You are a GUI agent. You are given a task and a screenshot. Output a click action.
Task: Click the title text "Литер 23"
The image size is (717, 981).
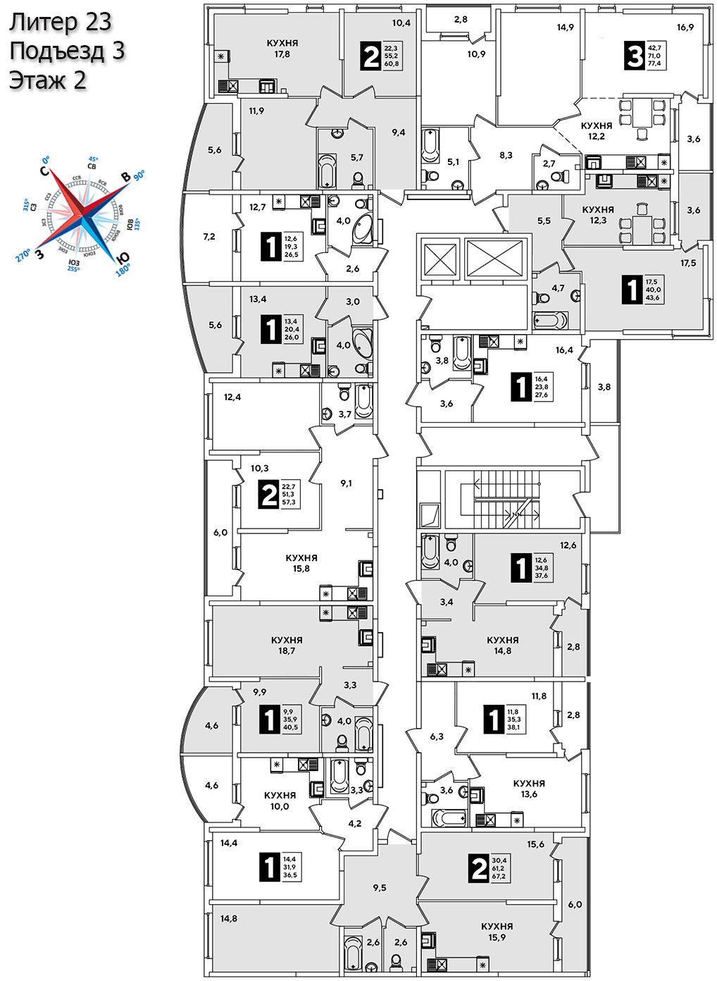[x=61, y=22]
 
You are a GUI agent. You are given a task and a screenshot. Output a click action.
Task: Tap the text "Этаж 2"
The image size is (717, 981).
[x=48, y=80]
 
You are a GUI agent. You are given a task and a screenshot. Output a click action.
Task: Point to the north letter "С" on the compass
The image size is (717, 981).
[x=44, y=171]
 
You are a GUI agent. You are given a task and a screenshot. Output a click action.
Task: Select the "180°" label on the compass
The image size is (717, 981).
[x=123, y=270]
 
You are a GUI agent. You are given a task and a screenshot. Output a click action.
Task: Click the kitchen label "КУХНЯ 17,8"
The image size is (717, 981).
[x=282, y=49]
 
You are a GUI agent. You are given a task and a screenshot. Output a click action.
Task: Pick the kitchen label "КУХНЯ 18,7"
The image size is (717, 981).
[x=287, y=646]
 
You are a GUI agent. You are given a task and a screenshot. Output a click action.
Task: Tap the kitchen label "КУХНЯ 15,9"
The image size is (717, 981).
[x=497, y=932]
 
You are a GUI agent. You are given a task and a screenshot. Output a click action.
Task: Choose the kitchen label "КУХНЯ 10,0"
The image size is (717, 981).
[x=280, y=801]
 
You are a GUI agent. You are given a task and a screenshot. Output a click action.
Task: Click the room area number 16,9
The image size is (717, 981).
[x=685, y=27]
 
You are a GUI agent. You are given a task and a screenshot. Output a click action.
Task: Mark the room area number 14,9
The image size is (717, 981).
[x=565, y=27]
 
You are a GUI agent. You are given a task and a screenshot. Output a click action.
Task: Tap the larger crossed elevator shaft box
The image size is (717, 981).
[x=495, y=259]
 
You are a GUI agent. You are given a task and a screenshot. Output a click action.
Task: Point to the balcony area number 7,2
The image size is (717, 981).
[x=209, y=237]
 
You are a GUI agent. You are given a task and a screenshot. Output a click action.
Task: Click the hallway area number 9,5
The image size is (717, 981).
[x=380, y=888]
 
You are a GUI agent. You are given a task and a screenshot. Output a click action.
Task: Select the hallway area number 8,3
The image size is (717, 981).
[x=506, y=155]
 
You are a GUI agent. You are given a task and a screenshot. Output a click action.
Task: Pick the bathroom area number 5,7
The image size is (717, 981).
[x=357, y=158]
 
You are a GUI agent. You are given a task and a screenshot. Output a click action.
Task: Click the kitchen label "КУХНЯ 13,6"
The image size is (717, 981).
[x=529, y=789]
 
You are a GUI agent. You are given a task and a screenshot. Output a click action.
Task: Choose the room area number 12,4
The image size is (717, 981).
[x=232, y=397]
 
